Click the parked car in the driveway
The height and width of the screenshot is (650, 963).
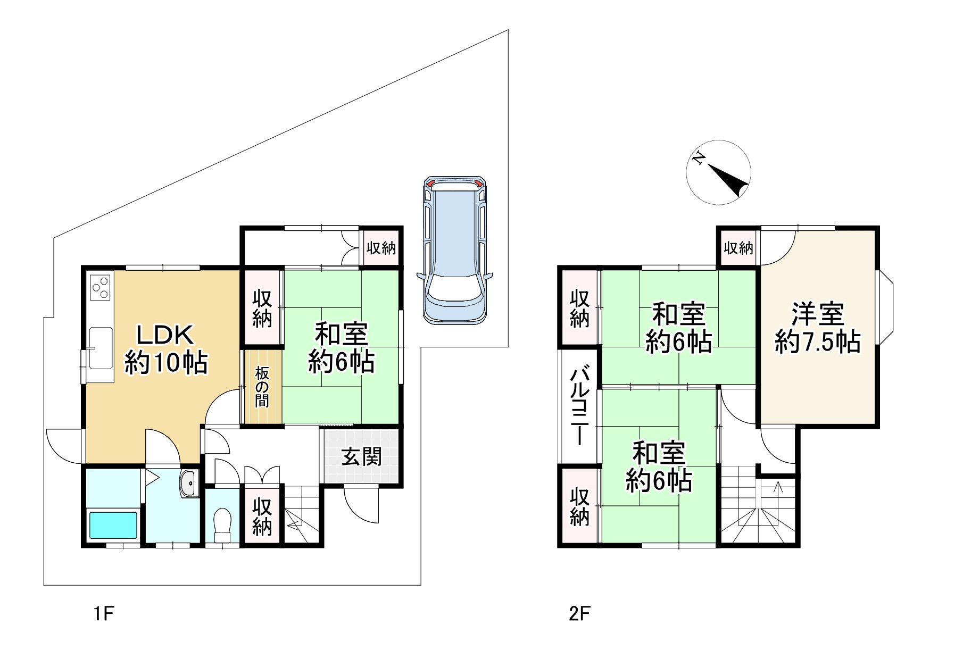point(455,250)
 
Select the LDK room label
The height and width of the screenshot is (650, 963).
point(165,349)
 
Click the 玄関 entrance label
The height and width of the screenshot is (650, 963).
point(362,456)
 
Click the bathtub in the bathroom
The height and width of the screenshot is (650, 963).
point(113,525)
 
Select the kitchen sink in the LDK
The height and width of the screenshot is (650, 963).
point(101,348)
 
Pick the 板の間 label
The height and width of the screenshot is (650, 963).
point(261,387)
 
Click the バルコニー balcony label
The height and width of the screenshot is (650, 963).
point(579,407)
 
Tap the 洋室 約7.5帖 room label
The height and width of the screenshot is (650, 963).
point(818,328)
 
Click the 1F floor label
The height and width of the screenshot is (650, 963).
point(104,614)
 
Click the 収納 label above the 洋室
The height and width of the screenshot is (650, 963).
point(738,247)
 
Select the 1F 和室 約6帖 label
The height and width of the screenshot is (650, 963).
point(341,348)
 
